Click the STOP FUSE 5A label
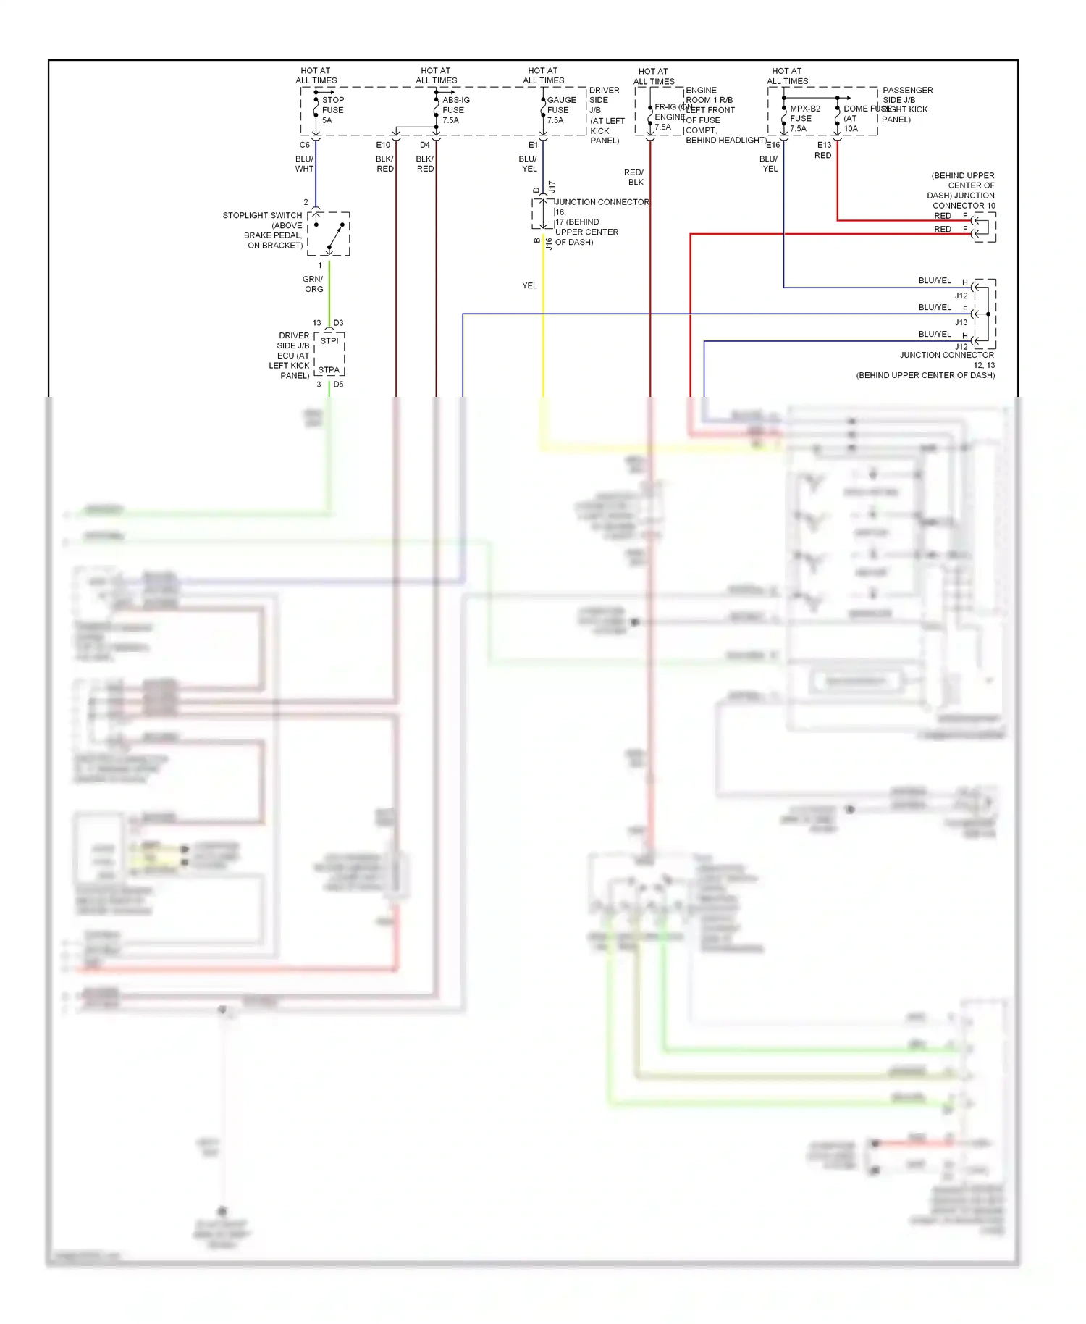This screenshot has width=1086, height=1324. tap(332, 110)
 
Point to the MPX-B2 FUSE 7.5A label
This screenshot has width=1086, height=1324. tap(804, 118)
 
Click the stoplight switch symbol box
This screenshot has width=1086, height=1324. tap(329, 234)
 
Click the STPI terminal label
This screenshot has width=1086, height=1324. tap(329, 340)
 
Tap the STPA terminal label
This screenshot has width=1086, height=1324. tap(329, 369)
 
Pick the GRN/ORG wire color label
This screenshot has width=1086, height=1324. tap(313, 284)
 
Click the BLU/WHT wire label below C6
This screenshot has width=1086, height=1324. tap(304, 164)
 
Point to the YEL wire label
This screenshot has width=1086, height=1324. tap(529, 285)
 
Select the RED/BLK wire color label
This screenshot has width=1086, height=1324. tap(633, 177)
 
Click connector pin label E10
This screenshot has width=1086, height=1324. tap(383, 145)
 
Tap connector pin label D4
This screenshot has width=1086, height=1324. tap(425, 145)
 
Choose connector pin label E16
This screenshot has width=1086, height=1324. tap(773, 145)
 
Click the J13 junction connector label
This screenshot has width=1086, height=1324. tap(961, 322)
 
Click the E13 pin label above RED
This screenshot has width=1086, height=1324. tap(824, 145)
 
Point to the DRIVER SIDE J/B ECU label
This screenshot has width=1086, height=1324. tap(290, 356)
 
